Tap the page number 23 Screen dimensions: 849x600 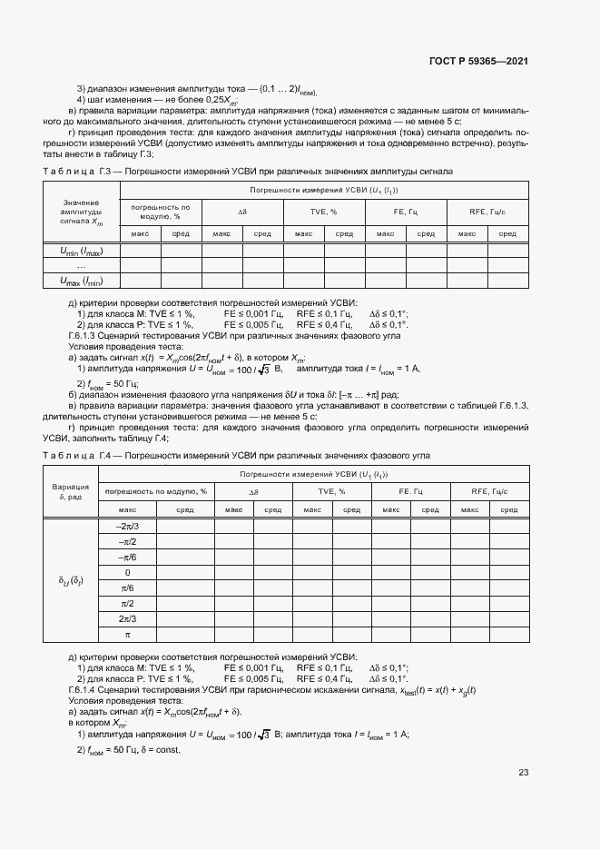523,773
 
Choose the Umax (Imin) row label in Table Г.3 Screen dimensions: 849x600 81,281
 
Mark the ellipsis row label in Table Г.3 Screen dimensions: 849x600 81,265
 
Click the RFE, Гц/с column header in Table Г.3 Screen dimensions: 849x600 487,212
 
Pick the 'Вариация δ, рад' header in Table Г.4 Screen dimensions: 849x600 69,490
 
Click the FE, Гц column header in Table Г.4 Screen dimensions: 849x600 411,491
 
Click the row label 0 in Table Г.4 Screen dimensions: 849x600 126,572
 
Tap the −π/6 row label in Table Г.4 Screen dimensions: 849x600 126,557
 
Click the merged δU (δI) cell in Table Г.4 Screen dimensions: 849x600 69,580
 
